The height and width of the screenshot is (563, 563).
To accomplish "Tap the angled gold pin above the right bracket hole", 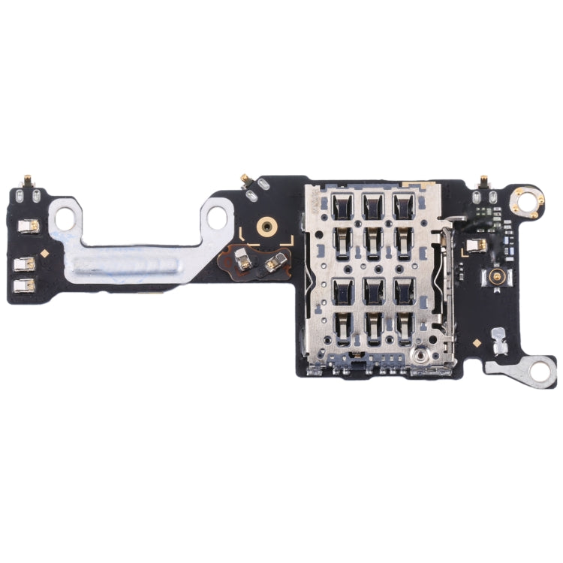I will coord(243,178).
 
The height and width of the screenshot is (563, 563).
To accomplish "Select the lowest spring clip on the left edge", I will coord(24,285).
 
